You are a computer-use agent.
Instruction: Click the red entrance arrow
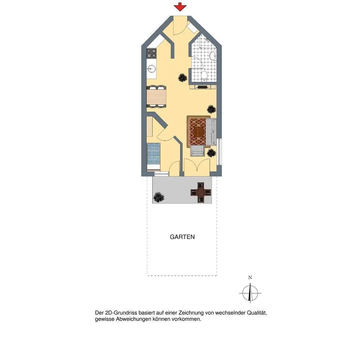[180, 7]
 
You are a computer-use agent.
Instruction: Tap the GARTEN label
[182, 237]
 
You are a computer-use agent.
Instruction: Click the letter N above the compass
[250, 278]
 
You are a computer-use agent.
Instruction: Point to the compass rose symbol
[250, 293]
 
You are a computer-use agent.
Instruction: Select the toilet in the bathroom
[204, 76]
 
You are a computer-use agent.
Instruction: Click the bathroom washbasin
[213, 55]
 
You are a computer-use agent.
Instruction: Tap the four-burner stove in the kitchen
[152, 53]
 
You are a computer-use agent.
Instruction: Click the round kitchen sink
[152, 68]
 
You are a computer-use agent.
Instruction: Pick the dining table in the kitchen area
[156, 96]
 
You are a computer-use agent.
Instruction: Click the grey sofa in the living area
[211, 132]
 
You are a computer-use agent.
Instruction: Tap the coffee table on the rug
[199, 132]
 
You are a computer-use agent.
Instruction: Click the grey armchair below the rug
[197, 150]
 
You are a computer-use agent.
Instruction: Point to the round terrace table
[201, 192]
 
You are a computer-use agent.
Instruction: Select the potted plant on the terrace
[159, 197]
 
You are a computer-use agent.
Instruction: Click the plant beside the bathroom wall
[183, 77]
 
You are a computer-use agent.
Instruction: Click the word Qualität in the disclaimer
[257, 313]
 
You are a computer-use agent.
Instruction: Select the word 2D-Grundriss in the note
[121, 313]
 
